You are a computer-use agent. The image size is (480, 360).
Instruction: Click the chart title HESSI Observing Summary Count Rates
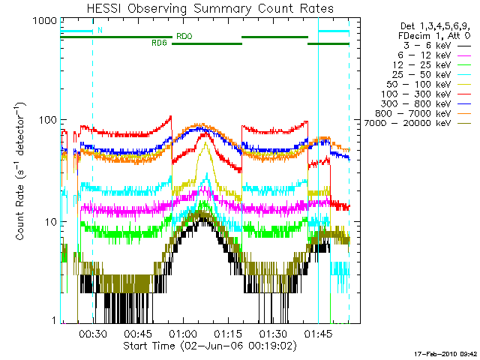[210, 8]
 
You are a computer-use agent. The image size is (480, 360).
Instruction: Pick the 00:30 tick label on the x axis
[91, 334]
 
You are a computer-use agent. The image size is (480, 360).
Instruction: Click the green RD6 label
[159, 43]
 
